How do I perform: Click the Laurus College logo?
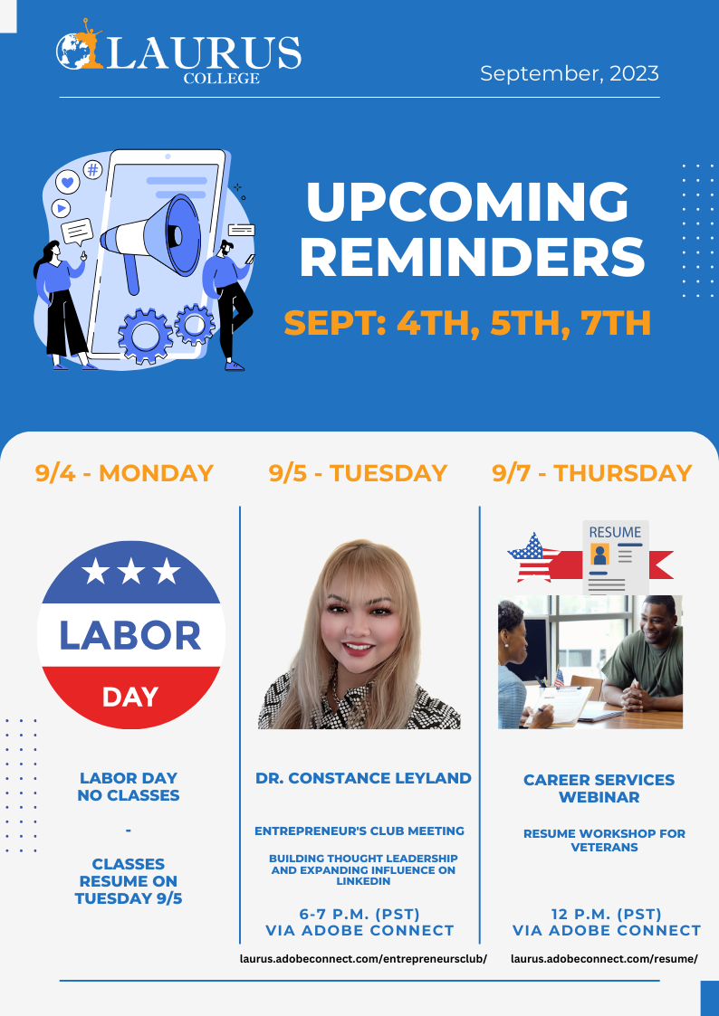[x=178, y=52]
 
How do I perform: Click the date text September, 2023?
[x=570, y=73]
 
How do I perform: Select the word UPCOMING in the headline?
[x=467, y=201]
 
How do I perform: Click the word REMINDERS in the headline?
[x=472, y=257]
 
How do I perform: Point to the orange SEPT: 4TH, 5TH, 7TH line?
[x=467, y=323]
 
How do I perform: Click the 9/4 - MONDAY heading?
[x=124, y=473]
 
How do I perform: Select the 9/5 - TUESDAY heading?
[x=358, y=473]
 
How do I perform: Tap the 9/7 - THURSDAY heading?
[x=592, y=473]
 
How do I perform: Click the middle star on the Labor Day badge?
[x=131, y=571]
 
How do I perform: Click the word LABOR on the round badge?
[x=130, y=636]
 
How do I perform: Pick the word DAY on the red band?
[x=130, y=698]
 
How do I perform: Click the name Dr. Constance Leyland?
[x=363, y=777]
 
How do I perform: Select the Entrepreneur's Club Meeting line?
[x=359, y=831]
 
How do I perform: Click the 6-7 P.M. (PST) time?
[x=359, y=915]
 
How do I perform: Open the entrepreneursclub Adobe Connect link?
[x=363, y=958]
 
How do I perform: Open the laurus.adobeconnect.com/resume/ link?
[x=604, y=958]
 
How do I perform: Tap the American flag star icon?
[x=533, y=557]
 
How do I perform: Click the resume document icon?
[x=615, y=558]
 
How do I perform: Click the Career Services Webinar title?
[x=599, y=788]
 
